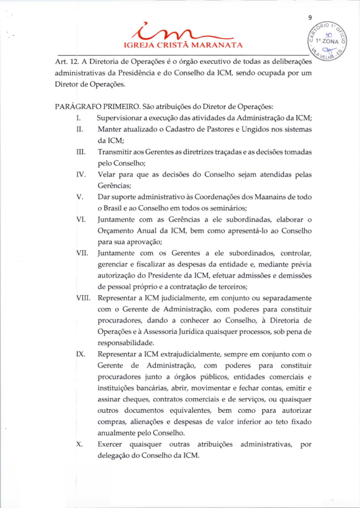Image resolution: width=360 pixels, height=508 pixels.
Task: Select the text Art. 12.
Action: pyautogui.click(x=65, y=62)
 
